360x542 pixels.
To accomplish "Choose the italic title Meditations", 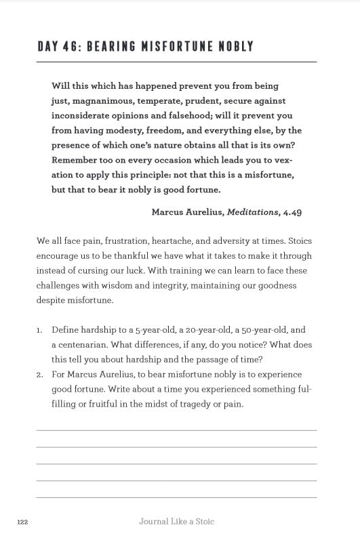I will (252, 212).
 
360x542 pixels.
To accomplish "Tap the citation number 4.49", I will (292, 212).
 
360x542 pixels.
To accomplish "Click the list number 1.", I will (39, 331).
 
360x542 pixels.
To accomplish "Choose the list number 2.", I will (39, 375).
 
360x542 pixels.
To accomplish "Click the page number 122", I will (22, 522).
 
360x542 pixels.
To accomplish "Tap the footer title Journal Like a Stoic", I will (176, 522).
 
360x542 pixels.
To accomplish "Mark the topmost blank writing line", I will (176, 430).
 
